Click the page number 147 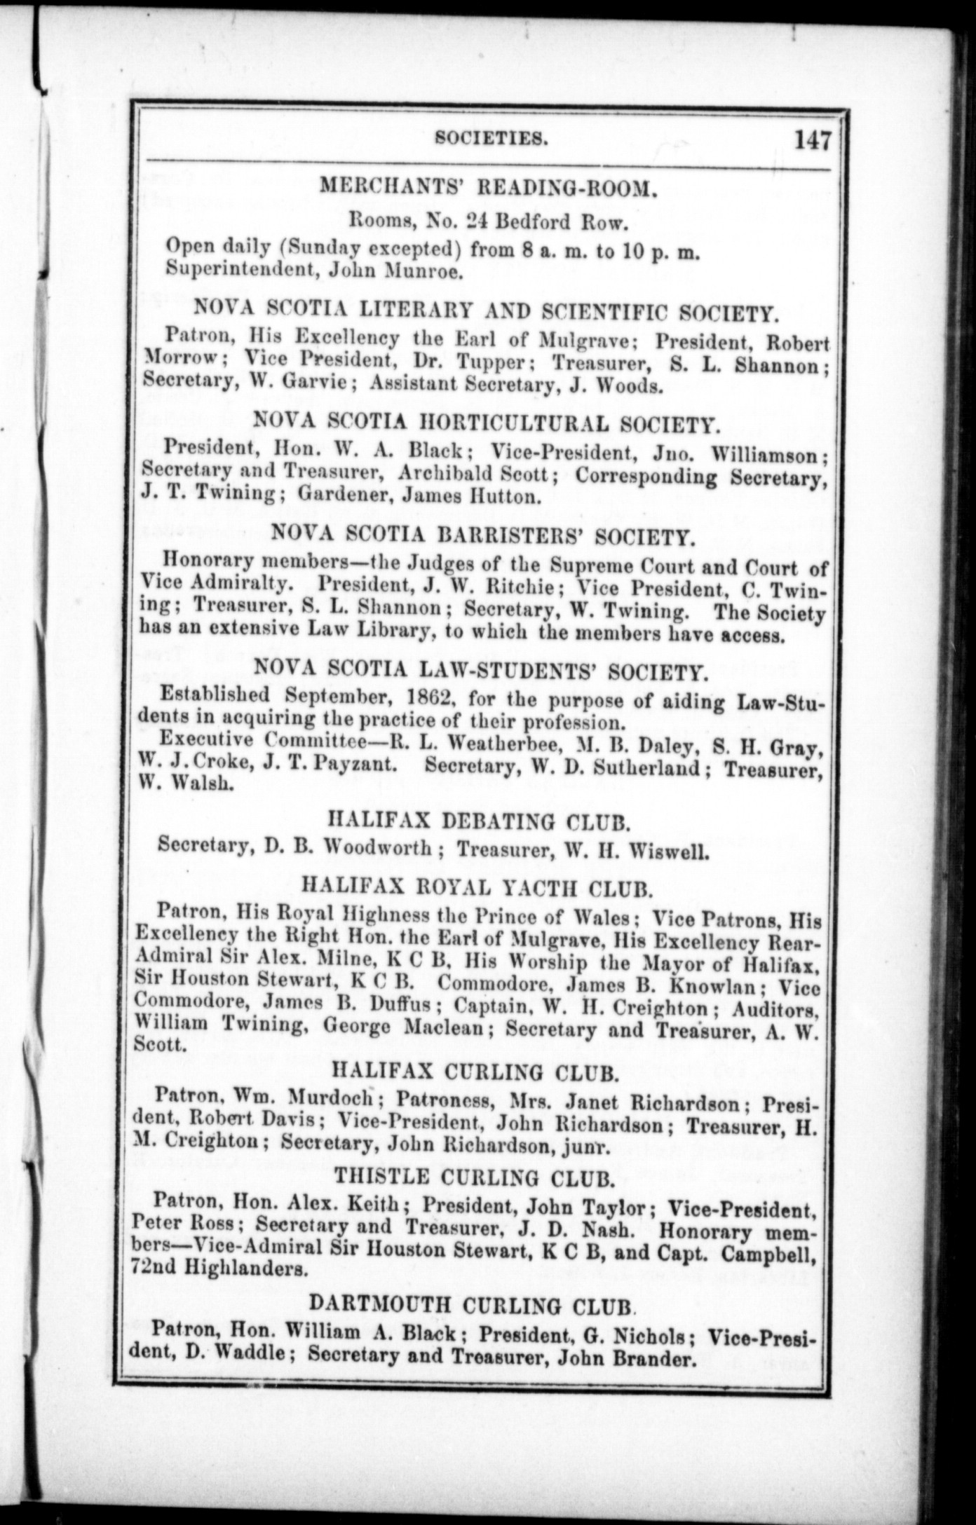coord(812,141)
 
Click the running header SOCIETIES coord(490,139)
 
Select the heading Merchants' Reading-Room coord(488,186)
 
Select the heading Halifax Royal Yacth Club coord(477,887)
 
